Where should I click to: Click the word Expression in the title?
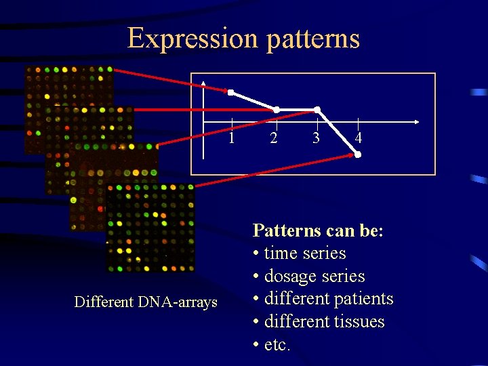192,39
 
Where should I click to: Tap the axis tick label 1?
232,138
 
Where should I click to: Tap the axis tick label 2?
273,138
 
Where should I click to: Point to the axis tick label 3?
316,138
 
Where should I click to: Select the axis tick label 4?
359,138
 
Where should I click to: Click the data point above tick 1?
230,92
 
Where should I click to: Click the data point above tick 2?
276,109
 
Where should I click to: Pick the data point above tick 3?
317,109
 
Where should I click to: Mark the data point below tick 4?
358,155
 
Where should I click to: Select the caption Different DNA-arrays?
146,302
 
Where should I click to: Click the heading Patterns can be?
319,231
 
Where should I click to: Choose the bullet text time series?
304,253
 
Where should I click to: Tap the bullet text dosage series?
314,277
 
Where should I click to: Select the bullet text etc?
277,345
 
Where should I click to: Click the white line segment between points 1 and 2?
253,101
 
